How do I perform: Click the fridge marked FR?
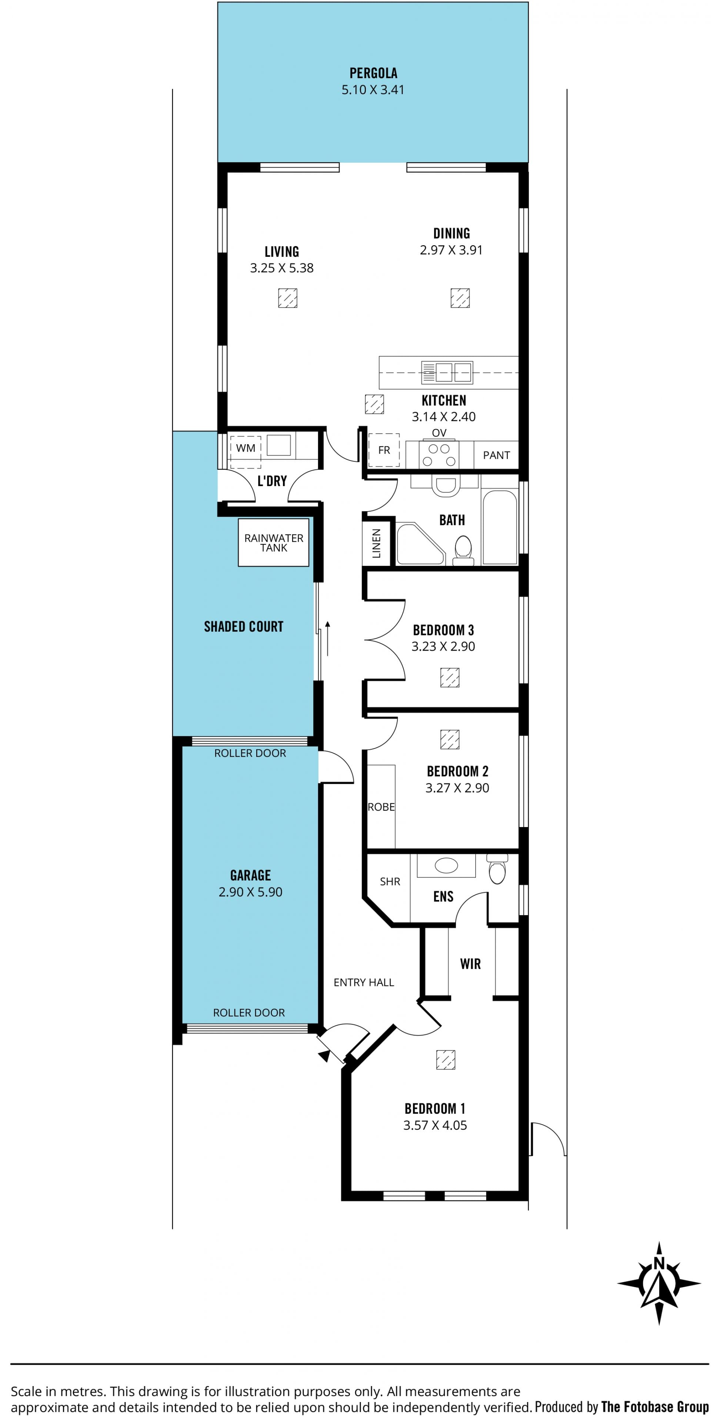pyautogui.click(x=384, y=450)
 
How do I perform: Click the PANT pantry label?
pyautogui.click(x=496, y=455)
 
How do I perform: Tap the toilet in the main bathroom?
pyautogui.click(x=463, y=551)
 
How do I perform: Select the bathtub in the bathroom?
pyautogui.click(x=500, y=527)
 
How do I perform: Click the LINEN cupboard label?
pyautogui.click(x=376, y=543)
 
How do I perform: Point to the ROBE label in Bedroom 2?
pyautogui.click(x=381, y=807)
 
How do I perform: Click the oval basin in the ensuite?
pyautogui.click(x=446, y=865)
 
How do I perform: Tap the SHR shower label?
pyautogui.click(x=390, y=882)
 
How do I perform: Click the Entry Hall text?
pyautogui.click(x=364, y=983)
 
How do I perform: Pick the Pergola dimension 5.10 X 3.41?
pyautogui.click(x=373, y=90)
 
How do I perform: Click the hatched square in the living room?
pyautogui.click(x=287, y=298)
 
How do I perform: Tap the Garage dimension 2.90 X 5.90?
pyautogui.click(x=250, y=892)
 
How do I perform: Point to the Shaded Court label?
pyautogui.click(x=244, y=627)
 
